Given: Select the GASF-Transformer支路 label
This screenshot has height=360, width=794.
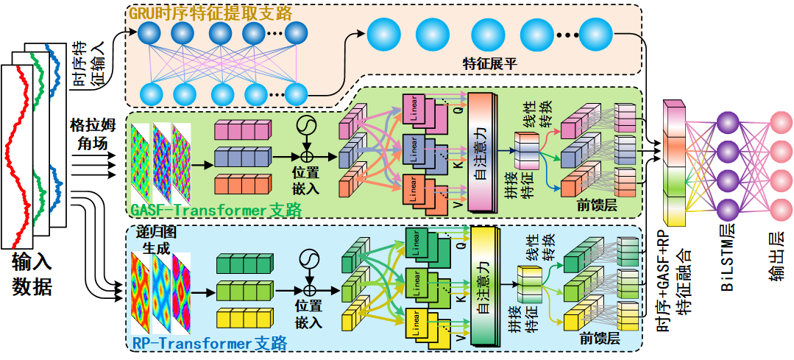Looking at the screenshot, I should click(x=216, y=210).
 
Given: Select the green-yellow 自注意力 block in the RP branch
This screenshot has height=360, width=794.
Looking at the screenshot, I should click(x=484, y=284).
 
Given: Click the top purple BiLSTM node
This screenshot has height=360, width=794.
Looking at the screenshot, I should click(x=728, y=121).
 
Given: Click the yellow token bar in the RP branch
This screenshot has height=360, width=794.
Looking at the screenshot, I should click(x=242, y=318).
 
